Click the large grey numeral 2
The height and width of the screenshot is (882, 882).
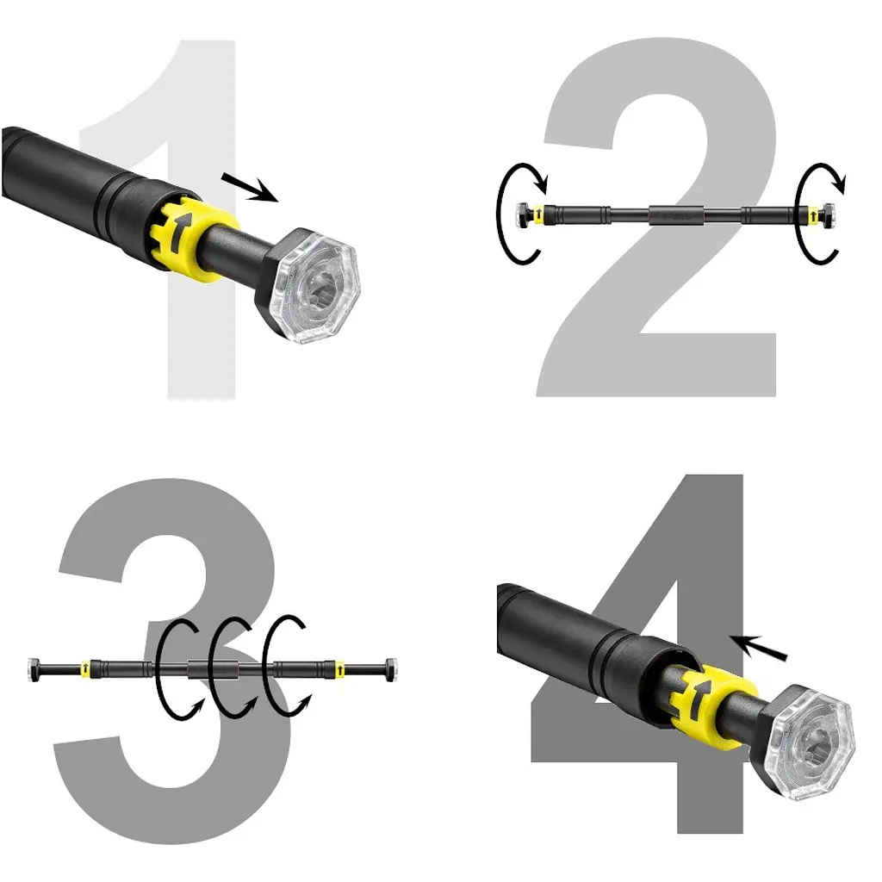click(664, 360)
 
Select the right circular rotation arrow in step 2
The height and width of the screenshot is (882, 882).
click(798, 214)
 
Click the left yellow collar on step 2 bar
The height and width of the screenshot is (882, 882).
click(538, 214)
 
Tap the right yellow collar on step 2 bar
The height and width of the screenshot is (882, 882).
click(813, 214)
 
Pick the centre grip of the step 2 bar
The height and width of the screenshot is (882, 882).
click(677, 214)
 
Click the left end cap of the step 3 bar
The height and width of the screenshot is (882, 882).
click(34, 669)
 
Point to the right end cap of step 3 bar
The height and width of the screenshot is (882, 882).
click(390, 669)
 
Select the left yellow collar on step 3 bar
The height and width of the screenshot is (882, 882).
click(85, 668)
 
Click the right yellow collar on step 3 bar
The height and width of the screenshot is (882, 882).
click(339, 668)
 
